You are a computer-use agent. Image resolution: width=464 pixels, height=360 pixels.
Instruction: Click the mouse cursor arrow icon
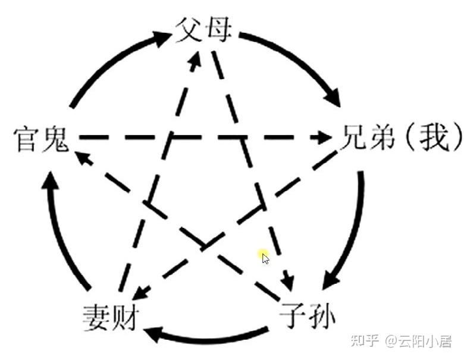click(265, 258)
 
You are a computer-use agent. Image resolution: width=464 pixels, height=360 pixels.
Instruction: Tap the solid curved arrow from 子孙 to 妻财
click(208, 337)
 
